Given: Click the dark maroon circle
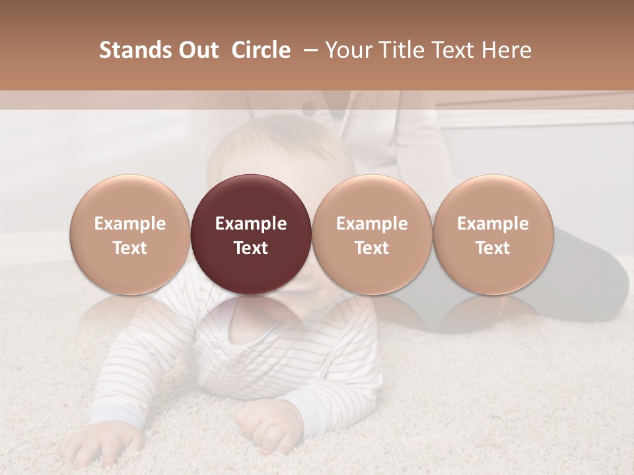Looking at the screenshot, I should [x=251, y=235].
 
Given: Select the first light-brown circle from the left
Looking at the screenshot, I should [x=129, y=235].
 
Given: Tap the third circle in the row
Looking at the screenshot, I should [x=372, y=235].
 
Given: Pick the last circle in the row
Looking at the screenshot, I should [x=493, y=235].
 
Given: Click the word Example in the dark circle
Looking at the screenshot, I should [x=251, y=224].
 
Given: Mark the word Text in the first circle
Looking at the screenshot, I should [x=129, y=248].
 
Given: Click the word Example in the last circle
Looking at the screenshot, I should [x=493, y=224].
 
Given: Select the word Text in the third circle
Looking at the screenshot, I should [x=372, y=248].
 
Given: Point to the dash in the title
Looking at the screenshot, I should [x=308, y=50].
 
